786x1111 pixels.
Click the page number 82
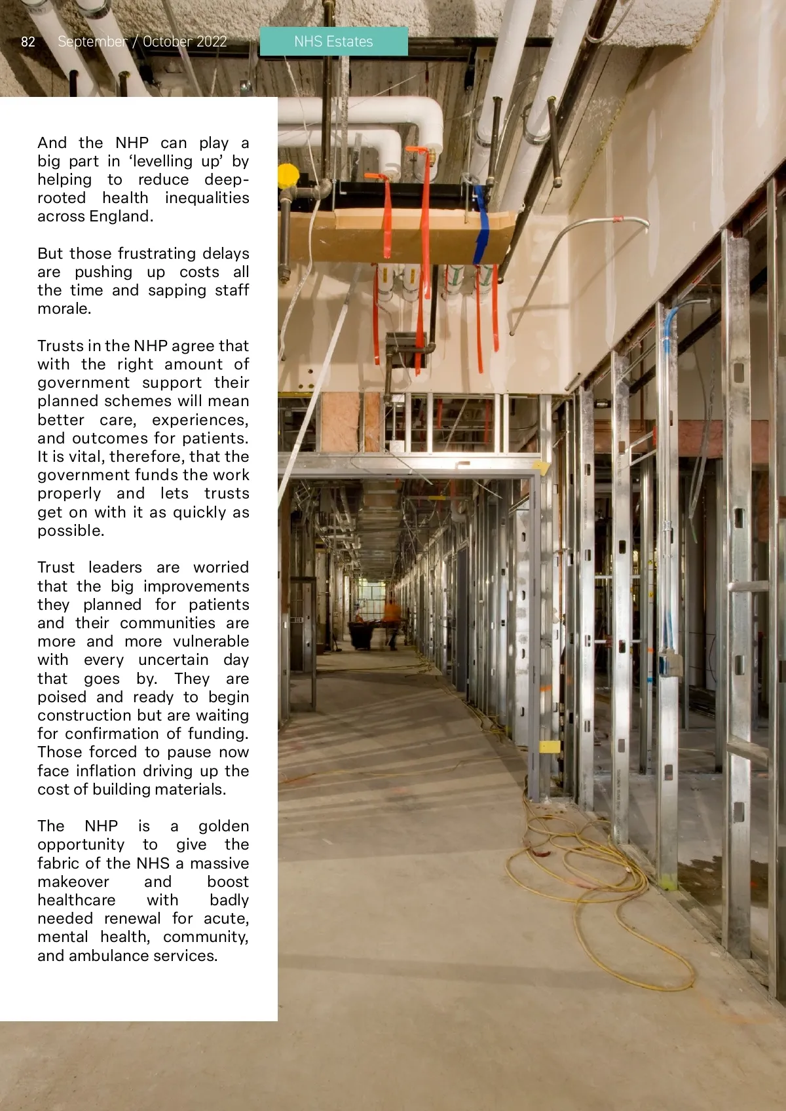pos(28,42)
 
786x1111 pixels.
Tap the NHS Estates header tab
pos(333,41)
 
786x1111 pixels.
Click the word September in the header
pos(92,42)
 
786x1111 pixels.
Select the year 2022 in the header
pos(212,42)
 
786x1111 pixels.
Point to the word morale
pos(64,309)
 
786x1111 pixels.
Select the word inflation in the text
pos(113,771)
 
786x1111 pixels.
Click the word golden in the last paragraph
pos(223,826)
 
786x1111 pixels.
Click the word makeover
pos(73,882)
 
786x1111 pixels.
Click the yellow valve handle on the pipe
pos(288,176)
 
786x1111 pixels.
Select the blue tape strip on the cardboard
pos(482,223)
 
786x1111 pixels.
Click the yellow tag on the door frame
pos(549,746)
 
